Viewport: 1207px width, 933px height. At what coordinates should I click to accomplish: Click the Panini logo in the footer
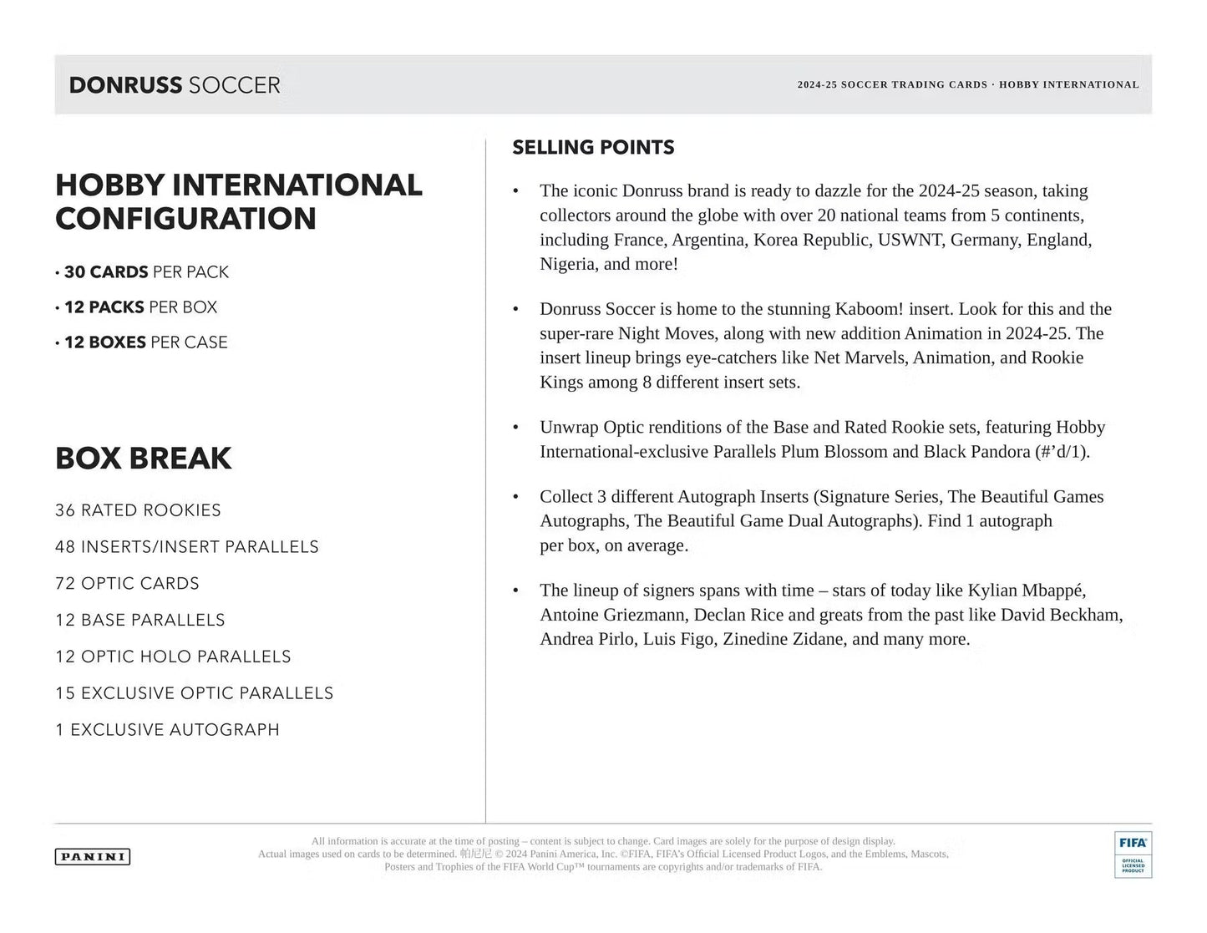93,856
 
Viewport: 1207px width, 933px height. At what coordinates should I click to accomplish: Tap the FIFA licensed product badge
1133,854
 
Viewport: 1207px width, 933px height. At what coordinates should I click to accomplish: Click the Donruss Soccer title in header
175,85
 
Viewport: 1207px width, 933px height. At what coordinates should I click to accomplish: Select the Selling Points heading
593,148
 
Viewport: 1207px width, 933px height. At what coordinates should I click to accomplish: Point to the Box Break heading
144,459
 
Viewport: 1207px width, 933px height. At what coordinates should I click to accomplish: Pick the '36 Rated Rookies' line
139,510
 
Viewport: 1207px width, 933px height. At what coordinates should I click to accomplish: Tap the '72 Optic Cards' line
128,584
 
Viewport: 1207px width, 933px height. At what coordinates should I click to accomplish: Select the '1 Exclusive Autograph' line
168,730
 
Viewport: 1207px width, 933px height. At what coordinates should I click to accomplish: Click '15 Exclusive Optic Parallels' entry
195,693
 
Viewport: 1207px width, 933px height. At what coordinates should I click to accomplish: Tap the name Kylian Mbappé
1027,591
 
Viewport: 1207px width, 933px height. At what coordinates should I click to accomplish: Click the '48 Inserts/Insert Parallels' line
187,547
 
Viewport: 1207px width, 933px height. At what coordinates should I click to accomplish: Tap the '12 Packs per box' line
140,307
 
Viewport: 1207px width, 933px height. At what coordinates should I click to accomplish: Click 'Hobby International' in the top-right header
1068,85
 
